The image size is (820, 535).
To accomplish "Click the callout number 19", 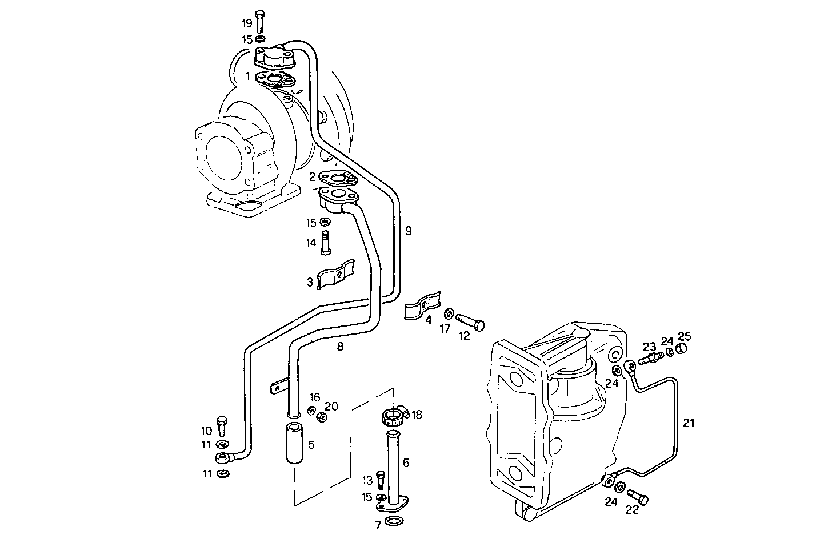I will pyautogui.click(x=247, y=23).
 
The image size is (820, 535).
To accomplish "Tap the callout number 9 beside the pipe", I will pyautogui.click(x=408, y=231).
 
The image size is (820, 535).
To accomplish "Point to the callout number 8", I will pyautogui.click(x=340, y=346).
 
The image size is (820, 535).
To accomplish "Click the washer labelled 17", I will pyautogui.click(x=449, y=313).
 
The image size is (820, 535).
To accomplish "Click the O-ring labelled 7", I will pyautogui.click(x=393, y=520).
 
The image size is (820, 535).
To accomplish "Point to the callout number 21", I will pyautogui.click(x=689, y=423).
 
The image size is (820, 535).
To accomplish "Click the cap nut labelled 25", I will pyautogui.click(x=681, y=349).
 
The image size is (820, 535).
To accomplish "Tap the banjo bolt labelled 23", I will pyautogui.click(x=649, y=358).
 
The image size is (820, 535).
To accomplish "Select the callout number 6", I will pyautogui.click(x=406, y=462).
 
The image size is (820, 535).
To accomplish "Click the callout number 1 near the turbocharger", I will pyautogui.click(x=248, y=75).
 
